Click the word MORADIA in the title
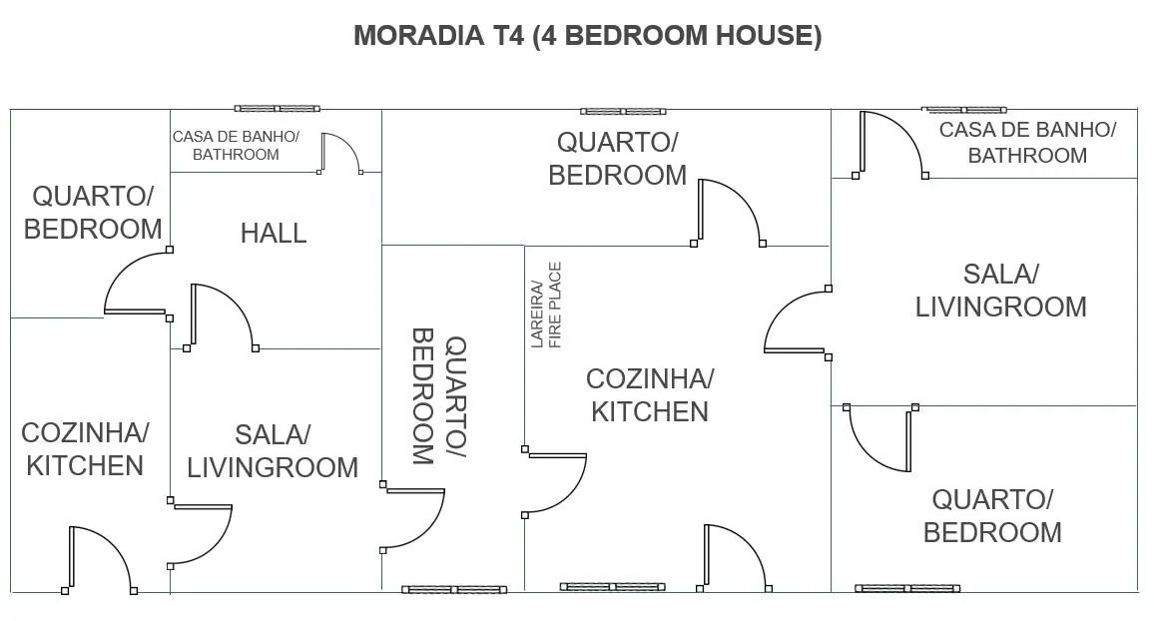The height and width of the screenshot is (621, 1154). [418, 35]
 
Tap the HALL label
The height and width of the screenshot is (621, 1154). [274, 234]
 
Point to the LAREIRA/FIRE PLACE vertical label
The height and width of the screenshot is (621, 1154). [546, 305]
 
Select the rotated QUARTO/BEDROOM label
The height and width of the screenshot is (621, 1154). [439, 396]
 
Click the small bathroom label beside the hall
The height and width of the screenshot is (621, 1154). [236, 146]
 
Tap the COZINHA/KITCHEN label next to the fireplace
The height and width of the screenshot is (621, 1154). [650, 395]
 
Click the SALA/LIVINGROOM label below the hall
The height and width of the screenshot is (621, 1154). [273, 451]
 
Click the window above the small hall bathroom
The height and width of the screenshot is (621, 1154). [278, 109]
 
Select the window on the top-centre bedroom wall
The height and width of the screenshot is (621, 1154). [623, 112]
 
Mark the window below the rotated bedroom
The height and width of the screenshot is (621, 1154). [454, 589]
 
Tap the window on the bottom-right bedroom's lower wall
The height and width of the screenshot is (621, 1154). [907, 589]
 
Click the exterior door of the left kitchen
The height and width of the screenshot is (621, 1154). [100, 560]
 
